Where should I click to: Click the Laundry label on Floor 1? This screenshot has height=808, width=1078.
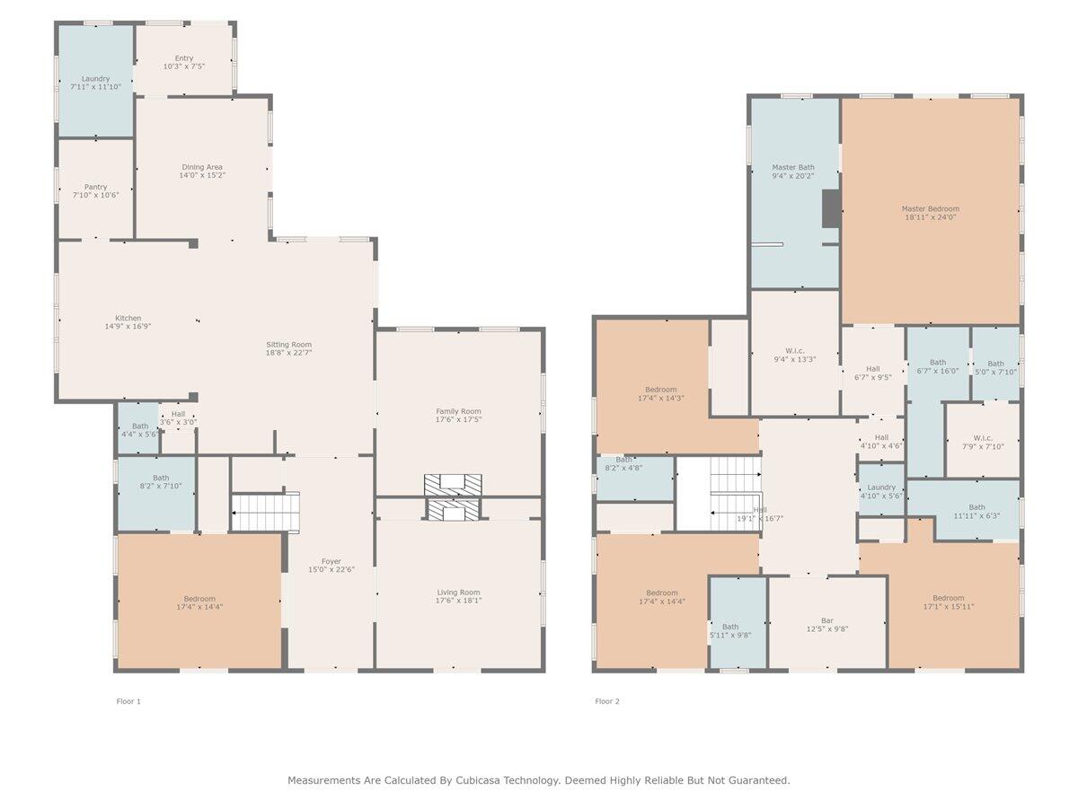point(96,78)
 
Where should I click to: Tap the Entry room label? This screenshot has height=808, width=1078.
point(184,57)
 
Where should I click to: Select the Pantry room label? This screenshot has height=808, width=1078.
point(96,187)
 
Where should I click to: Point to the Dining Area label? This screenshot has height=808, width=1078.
point(202,167)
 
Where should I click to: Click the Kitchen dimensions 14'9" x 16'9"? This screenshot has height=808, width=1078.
point(128,326)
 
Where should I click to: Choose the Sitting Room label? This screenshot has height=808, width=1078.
point(288,345)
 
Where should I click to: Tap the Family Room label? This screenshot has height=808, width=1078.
point(459,411)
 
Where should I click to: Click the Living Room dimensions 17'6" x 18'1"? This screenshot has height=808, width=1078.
point(459,601)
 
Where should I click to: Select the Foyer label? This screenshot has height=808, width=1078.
point(331,561)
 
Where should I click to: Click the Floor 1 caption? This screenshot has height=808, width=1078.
point(128,701)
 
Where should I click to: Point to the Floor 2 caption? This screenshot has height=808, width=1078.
point(607,701)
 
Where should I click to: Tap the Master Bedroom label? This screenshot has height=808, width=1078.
point(931,208)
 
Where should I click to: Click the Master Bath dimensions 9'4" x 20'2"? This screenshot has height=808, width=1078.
point(793,176)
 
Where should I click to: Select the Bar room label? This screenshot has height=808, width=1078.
point(827,620)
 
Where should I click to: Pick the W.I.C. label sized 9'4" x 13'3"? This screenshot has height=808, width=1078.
point(795,351)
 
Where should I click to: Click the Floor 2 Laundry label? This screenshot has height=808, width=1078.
point(881,487)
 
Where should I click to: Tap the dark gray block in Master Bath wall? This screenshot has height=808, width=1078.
point(832,209)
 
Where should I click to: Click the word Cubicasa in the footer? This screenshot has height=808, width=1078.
point(476,780)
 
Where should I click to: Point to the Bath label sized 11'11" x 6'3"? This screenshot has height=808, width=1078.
point(977,507)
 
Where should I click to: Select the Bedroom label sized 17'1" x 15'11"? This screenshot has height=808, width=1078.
point(949,598)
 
